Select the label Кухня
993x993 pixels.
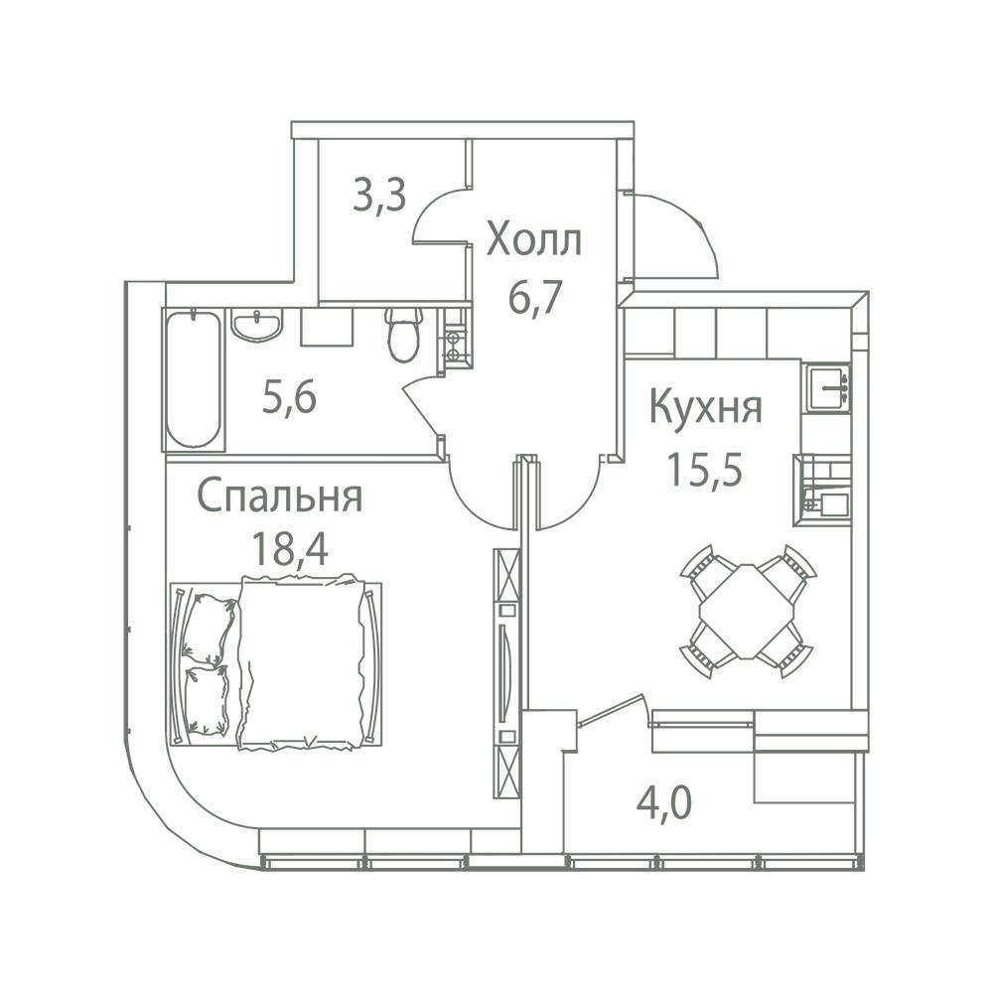pyautogui.click(x=706, y=408)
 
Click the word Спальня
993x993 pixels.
pyautogui.click(x=280, y=495)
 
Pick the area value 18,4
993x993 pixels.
pyautogui.click(x=290, y=548)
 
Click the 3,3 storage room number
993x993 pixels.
pyautogui.click(x=379, y=197)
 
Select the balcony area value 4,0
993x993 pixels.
pyautogui.click(x=663, y=803)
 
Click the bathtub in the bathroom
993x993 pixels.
pyautogui.click(x=194, y=379)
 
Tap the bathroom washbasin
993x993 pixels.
pyautogui.click(x=257, y=325)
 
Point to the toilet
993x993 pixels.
pyautogui.click(x=404, y=335)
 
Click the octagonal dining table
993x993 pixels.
pyautogui.click(x=748, y=611)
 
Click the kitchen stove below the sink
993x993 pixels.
pyautogui.click(x=822, y=490)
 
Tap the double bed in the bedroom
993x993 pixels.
pyautogui.click(x=277, y=661)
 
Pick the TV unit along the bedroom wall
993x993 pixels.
pyautogui.click(x=506, y=673)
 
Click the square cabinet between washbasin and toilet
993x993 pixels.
pyautogui.click(x=326, y=327)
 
